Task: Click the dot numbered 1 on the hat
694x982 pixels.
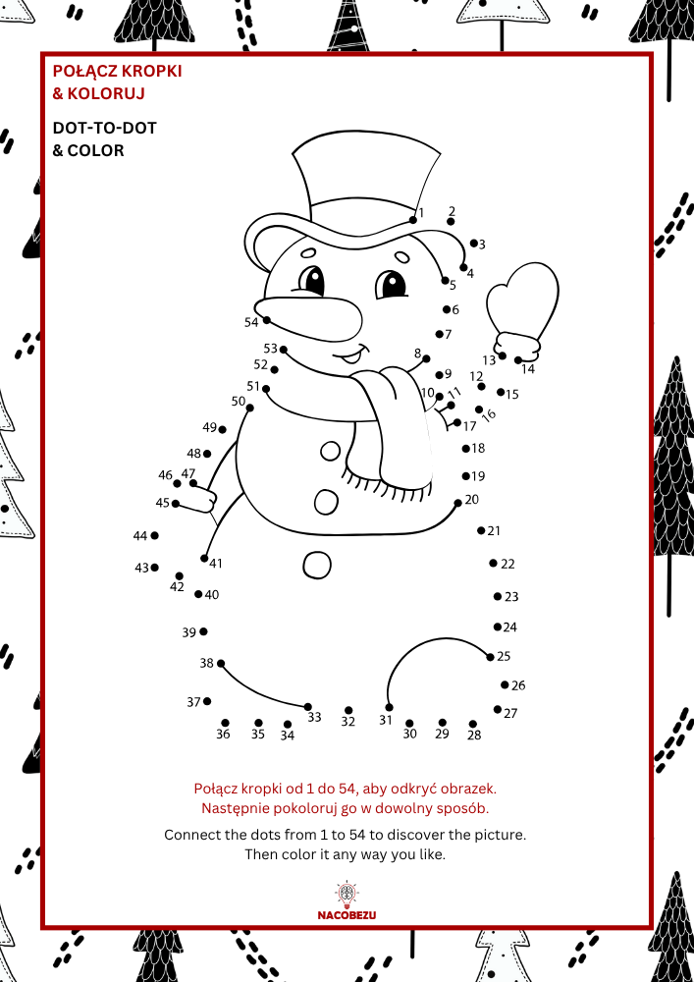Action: coord(413,220)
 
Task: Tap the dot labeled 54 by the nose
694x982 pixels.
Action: coord(267,320)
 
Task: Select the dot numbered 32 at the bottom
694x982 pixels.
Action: coord(348,710)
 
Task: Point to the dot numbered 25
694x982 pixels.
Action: coord(490,657)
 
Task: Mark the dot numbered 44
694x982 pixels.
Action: coord(154,535)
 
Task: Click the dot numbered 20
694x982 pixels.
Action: coord(458,503)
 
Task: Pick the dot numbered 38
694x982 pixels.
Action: coord(220,663)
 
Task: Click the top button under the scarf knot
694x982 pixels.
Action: coord(331,451)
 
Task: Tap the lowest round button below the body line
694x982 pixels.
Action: coord(317,565)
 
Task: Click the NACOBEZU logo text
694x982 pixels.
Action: coord(347,915)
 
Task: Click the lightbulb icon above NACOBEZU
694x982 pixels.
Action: coord(347,895)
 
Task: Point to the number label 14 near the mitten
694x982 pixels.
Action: coord(528,369)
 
